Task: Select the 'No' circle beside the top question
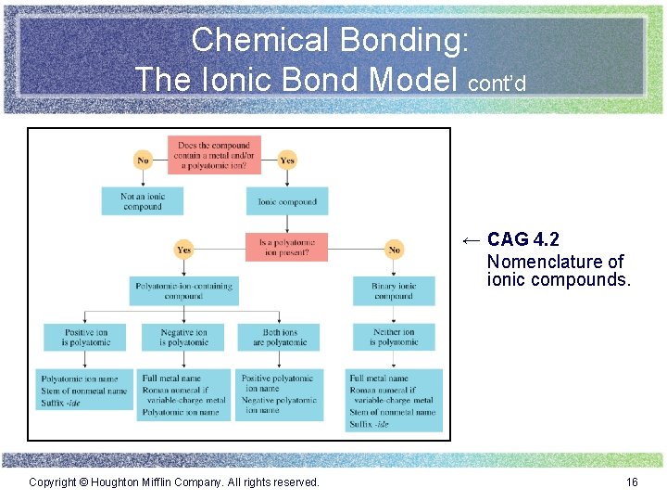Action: click(143, 160)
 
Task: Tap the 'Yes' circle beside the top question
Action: click(287, 160)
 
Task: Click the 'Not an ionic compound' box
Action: click(142, 201)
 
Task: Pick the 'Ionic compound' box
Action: click(287, 201)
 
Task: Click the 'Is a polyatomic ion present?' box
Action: click(287, 247)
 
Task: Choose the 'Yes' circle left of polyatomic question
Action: click(183, 249)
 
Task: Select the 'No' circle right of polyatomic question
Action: click(394, 249)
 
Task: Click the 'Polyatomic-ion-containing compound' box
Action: click(183, 290)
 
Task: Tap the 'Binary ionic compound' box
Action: click(394, 290)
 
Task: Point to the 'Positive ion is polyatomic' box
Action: click(86, 337)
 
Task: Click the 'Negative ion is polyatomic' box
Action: click(183, 337)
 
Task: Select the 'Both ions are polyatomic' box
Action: click(279, 337)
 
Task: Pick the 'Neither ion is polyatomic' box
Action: click(394, 337)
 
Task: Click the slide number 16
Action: click(632, 482)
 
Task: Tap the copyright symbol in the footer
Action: click(83, 482)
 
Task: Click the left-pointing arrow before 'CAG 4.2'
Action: click(471, 240)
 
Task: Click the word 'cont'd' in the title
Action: click(497, 83)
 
